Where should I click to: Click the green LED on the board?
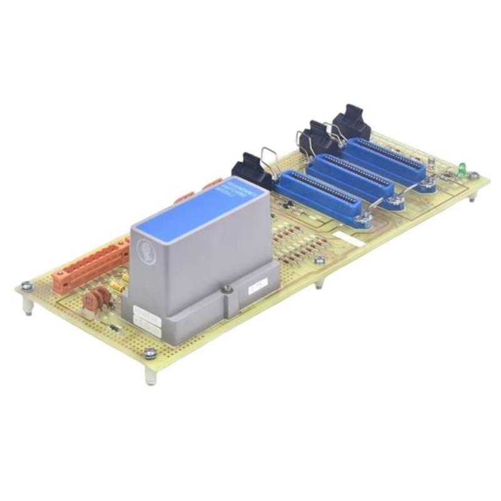[462, 167]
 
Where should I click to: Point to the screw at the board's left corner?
[26, 286]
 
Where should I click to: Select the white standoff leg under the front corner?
[150, 374]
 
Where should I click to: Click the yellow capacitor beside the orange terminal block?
[116, 286]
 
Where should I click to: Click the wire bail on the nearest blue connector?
[270, 162]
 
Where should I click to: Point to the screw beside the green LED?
[473, 176]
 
